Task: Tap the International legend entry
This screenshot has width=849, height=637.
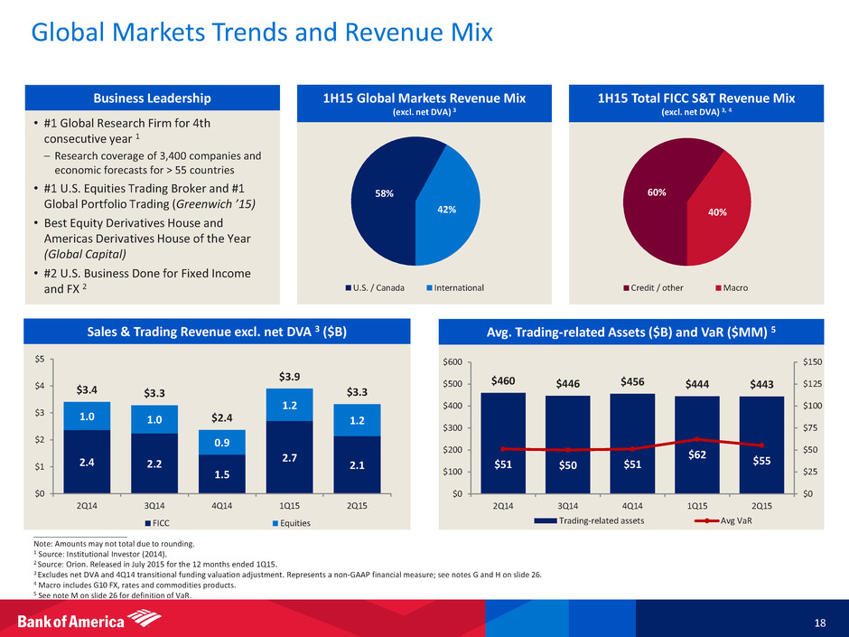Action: [458, 287]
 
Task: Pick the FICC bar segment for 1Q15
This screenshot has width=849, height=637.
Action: [289, 456]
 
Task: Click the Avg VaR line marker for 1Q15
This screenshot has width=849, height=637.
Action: [696, 439]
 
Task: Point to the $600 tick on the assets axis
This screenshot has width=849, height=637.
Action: [461, 361]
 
